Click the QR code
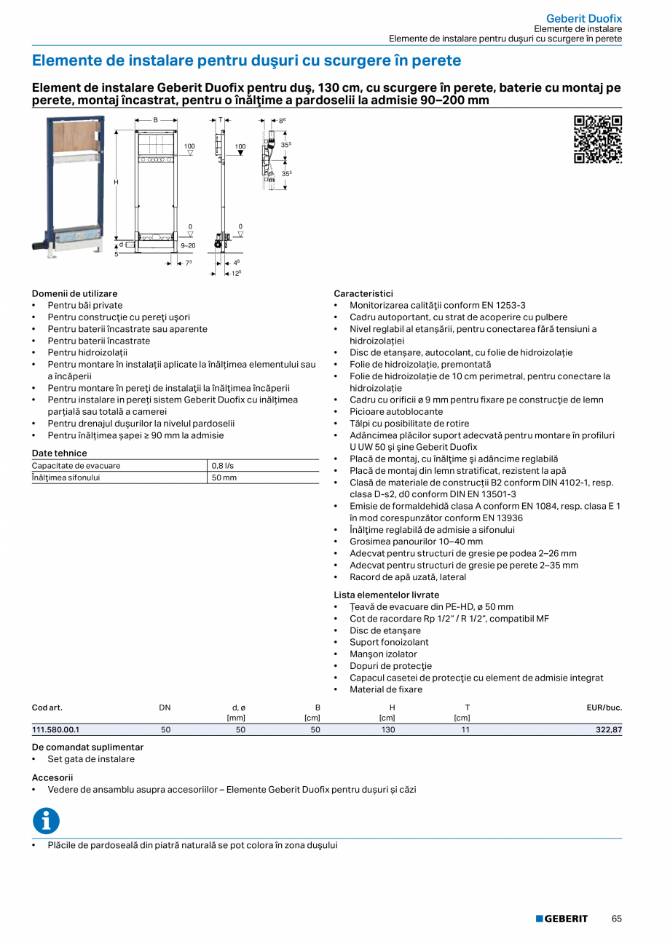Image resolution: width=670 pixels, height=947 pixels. click(598, 138)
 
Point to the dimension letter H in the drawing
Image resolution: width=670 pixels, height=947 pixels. click(115, 181)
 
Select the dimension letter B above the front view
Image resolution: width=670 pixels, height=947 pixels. click(155, 119)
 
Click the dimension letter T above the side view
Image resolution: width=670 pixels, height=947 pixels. click(221, 119)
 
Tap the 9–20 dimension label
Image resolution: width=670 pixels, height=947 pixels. click(188, 246)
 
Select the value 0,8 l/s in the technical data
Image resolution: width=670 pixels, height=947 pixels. click(223, 466)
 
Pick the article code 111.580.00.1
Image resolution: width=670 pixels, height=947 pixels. click(55, 729)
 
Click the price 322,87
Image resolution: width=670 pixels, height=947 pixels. click(608, 729)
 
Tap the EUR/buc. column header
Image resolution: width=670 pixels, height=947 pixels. click(604, 708)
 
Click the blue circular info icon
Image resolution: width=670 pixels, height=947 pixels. click(46, 821)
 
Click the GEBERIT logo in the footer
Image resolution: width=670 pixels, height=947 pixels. click(561, 919)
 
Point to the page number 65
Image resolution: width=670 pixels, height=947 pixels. click(616, 919)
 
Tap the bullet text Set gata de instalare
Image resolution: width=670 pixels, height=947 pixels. click(91, 759)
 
